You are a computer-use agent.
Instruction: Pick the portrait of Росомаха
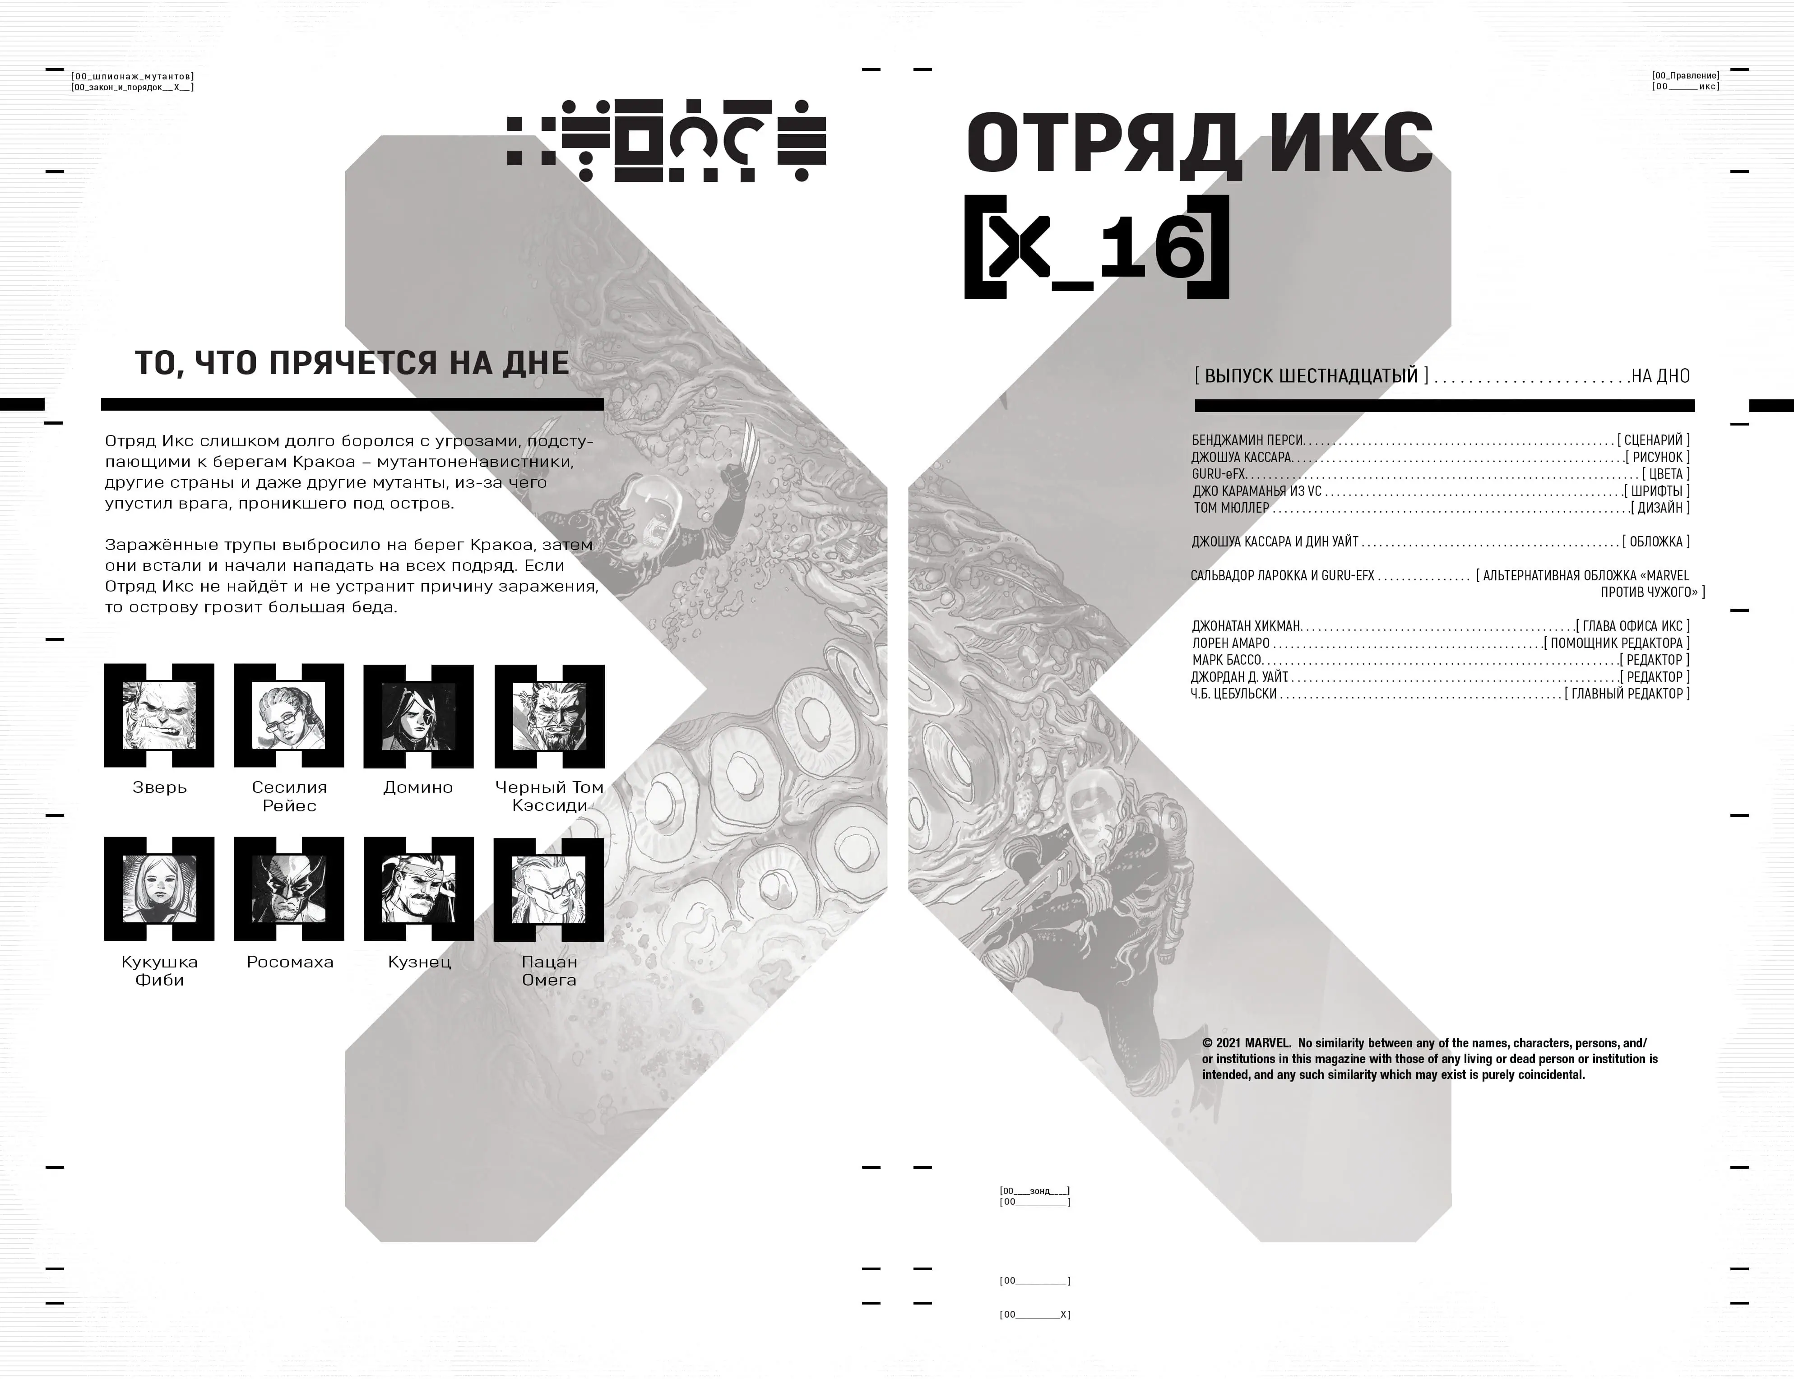pyautogui.click(x=289, y=889)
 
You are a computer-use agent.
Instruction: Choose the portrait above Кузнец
pyautogui.click(x=419, y=889)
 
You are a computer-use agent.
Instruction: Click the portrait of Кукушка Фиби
pyautogui.click(x=159, y=889)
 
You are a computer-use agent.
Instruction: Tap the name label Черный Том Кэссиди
pyautogui.click(x=549, y=796)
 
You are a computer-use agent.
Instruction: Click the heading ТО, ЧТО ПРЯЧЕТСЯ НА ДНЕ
pyautogui.click(x=352, y=363)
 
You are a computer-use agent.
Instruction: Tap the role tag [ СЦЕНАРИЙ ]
pyautogui.click(x=1653, y=440)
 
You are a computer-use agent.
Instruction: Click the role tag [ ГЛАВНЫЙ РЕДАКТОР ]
pyautogui.click(x=1627, y=694)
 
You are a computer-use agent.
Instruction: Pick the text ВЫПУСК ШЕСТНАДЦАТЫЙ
pyautogui.click(x=1311, y=376)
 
